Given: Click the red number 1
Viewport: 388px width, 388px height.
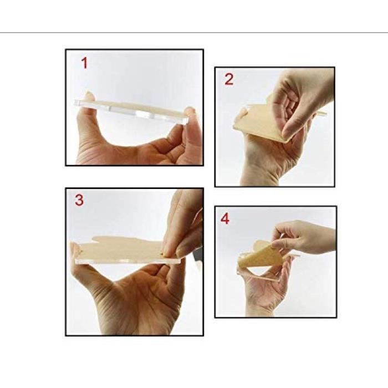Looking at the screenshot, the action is pos(85,63).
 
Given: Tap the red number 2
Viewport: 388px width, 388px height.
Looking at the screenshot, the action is pos(229,79).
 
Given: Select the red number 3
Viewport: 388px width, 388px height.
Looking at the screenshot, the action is pos(79,200).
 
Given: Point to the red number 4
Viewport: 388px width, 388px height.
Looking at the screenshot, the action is pos(225,219).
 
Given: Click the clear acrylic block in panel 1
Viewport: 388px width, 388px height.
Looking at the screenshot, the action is pos(131,112).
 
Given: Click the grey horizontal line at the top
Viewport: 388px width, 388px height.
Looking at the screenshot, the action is pos(194,32).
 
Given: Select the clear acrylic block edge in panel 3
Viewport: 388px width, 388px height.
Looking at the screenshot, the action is pos(129,261).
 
